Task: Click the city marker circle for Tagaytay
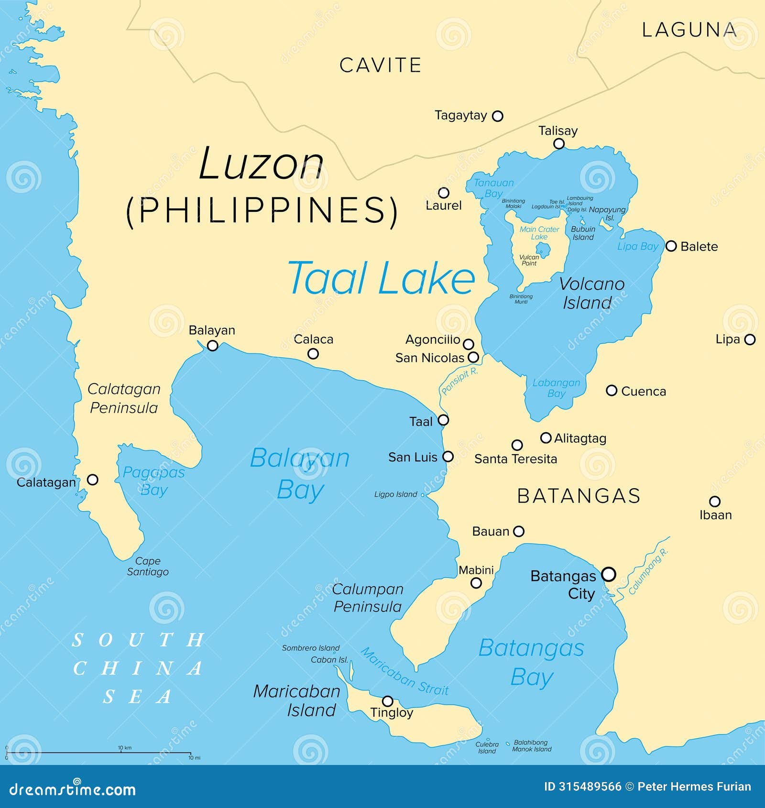point(497,116)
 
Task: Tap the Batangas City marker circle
point(608,574)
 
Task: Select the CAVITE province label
point(380,66)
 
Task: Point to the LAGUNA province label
point(688,30)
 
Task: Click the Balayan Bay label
point(300,473)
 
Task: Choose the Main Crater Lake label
point(539,233)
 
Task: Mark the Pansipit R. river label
point(459,381)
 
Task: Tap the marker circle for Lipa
point(750,339)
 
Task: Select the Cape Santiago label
point(148,566)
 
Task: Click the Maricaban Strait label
point(404,671)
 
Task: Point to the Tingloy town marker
point(388,701)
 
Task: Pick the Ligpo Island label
point(395,494)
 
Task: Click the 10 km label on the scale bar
point(125,748)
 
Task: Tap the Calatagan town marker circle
point(93,479)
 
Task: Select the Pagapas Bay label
point(153,481)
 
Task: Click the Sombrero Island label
point(310,648)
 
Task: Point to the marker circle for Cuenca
point(611,390)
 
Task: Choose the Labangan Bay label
point(556,388)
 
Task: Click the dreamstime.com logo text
point(73,789)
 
